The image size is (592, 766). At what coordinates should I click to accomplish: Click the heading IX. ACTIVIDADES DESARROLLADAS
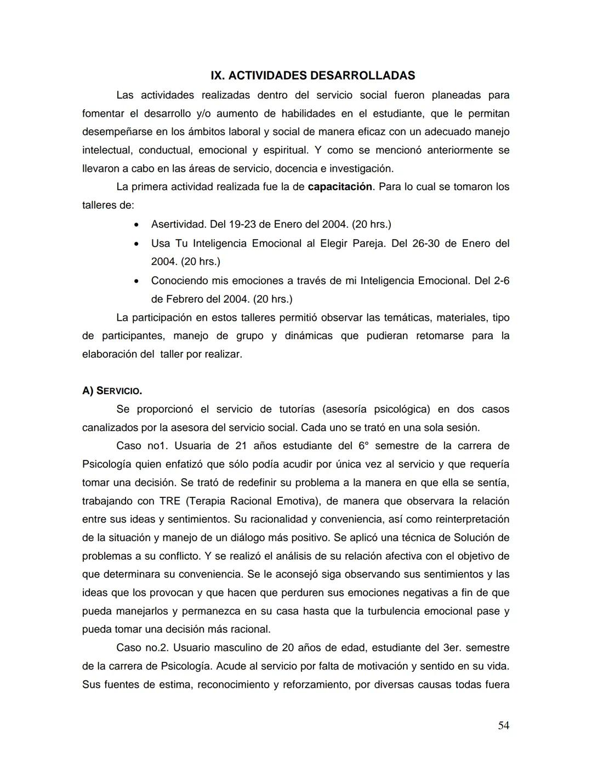click(x=312, y=75)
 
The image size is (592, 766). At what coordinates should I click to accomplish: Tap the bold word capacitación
click(x=340, y=187)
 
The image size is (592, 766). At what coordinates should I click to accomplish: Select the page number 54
click(x=503, y=725)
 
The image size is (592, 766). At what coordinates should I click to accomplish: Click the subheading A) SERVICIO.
click(x=112, y=391)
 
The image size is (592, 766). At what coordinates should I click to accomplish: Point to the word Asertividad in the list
click(x=178, y=224)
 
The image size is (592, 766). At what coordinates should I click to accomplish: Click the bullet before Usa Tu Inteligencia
click(x=136, y=243)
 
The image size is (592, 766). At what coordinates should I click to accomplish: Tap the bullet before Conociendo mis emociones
click(x=136, y=281)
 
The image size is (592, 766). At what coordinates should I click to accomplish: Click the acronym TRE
click(x=170, y=501)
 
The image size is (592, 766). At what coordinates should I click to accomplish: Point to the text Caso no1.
click(x=137, y=446)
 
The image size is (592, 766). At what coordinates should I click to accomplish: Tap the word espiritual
click(x=285, y=150)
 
